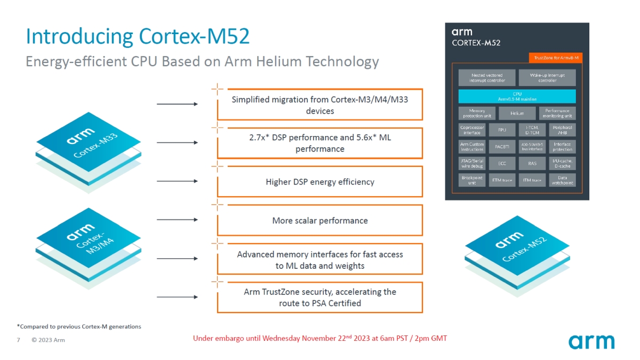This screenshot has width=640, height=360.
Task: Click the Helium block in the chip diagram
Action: pos(517,113)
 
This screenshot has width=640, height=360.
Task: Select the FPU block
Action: pos(502,130)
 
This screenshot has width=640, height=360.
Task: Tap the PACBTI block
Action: pos(502,146)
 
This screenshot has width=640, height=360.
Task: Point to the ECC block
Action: pos(502,163)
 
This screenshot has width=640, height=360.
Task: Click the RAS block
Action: pos(532,163)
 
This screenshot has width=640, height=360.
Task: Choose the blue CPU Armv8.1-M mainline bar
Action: pos(517,96)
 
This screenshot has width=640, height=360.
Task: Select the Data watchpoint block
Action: pos(563,180)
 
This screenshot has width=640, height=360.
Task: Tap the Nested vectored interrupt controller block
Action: pos(487,78)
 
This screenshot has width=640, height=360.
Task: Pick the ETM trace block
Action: pos(502,180)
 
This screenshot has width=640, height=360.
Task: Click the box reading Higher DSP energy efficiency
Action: pos(320,182)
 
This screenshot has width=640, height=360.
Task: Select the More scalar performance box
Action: pos(320,220)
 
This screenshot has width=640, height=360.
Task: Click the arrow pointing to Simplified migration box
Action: pos(177,104)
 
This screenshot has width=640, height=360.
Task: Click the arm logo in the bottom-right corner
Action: pos(591,341)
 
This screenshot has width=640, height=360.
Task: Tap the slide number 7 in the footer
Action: pos(19,340)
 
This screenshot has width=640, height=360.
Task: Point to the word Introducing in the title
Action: pos(80,37)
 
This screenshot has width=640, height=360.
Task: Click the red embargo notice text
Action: pos(320,338)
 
